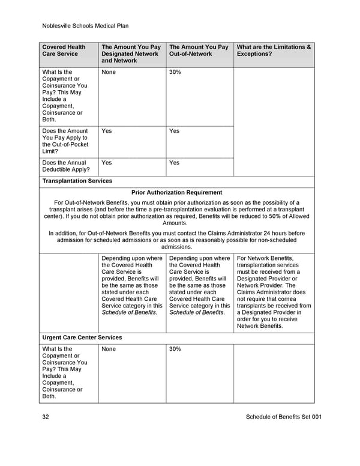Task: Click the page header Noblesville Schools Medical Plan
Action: click(x=85, y=26)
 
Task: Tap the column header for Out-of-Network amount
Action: click(x=199, y=50)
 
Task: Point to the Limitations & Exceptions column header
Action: click(x=274, y=50)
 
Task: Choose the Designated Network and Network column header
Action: click(x=131, y=53)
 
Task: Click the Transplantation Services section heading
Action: click(x=77, y=181)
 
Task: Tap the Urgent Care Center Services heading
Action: click(x=82, y=337)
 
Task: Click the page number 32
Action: click(x=46, y=417)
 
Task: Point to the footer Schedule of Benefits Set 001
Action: click(x=283, y=417)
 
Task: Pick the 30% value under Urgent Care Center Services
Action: click(x=175, y=349)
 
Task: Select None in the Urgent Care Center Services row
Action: click(x=109, y=349)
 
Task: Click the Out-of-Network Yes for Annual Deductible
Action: click(x=175, y=163)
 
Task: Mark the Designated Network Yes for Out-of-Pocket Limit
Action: click(x=107, y=131)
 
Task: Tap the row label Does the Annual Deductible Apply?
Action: click(x=65, y=166)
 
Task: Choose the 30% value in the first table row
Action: click(x=175, y=72)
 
